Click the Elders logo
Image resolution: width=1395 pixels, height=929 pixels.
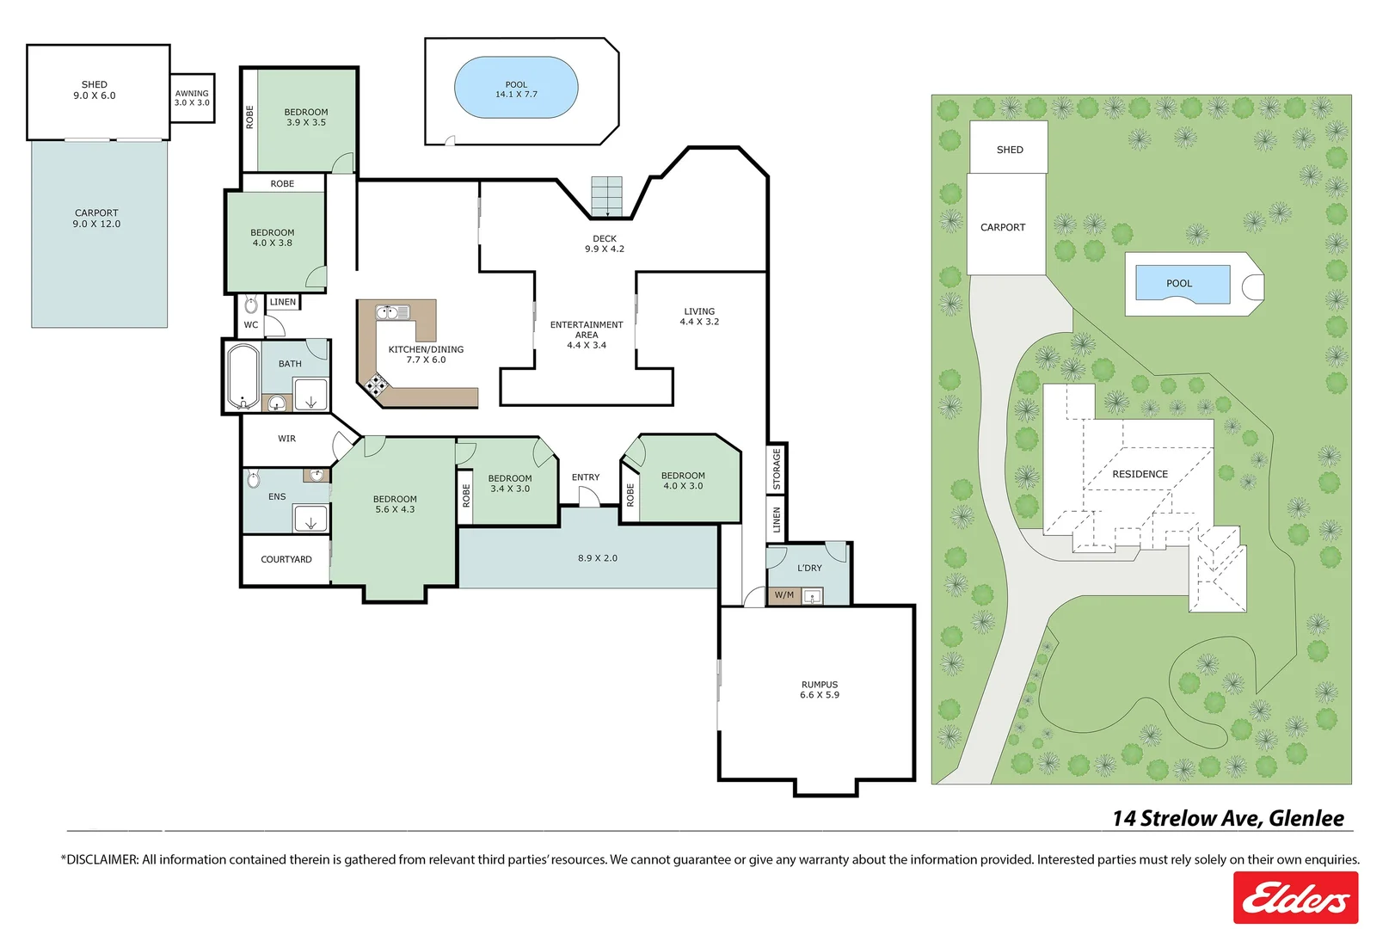pyautogui.click(x=1295, y=897)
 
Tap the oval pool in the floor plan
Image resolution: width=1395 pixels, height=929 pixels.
pyautogui.click(x=516, y=88)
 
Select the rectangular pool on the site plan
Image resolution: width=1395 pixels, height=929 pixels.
pyautogui.click(x=1183, y=284)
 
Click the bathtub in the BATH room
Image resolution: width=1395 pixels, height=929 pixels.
pyautogui.click(x=243, y=377)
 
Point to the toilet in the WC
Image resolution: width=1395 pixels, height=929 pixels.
pyautogui.click(x=251, y=305)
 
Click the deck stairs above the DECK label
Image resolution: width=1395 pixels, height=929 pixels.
pyautogui.click(x=606, y=196)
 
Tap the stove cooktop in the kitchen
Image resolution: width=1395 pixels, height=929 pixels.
pyautogui.click(x=376, y=385)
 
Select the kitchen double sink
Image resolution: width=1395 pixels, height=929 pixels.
pyautogui.click(x=392, y=312)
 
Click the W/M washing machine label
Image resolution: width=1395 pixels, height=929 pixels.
pyautogui.click(x=784, y=595)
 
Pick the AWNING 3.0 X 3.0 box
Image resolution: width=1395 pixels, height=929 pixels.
pyautogui.click(x=193, y=98)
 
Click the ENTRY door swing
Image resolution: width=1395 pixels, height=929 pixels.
pyautogui.click(x=589, y=496)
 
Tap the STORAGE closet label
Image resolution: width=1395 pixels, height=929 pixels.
pyautogui.click(x=777, y=469)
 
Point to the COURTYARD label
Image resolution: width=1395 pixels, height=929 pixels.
pyautogui.click(x=286, y=559)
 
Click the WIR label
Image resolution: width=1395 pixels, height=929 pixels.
pyautogui.click(x=287, y=439)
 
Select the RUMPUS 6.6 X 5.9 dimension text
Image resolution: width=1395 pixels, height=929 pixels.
pyautogui.click(x=820, y=695)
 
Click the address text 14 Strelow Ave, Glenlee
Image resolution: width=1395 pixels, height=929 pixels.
pyautogui.click(x=1228, y=818)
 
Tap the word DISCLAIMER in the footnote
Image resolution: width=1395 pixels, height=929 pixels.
pyautogui.click(x=101, y=860)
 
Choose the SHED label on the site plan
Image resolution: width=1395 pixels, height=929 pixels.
pyautogui.click(x=1010, y=150)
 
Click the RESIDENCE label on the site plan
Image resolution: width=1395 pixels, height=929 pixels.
pyautogui.click(x=1140, y=474)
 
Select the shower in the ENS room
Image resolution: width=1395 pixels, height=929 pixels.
pyautogui.click(x=310, y=519)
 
